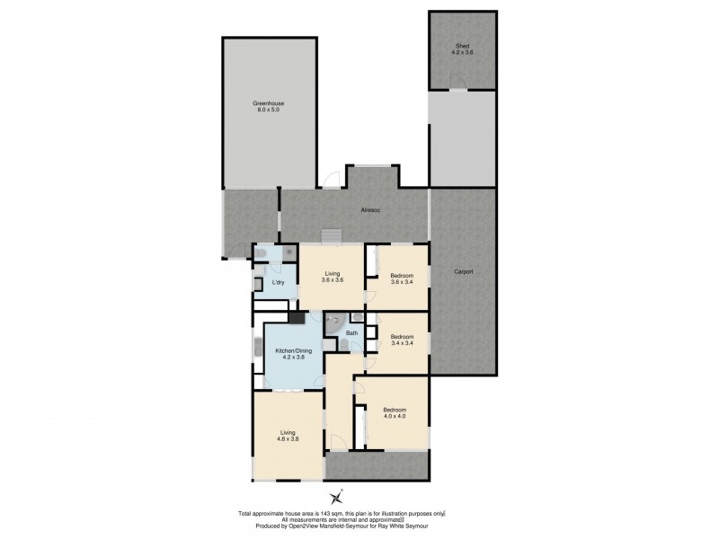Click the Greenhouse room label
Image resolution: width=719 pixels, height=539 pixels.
pos(269,105)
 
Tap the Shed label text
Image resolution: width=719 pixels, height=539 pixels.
pos(462,49)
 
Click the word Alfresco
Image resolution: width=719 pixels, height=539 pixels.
pos(371,210)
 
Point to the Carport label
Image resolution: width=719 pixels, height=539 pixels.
pos(463,272)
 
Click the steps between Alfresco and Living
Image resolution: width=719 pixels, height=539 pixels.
pos(333,235)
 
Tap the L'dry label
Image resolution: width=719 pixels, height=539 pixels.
pos(279,284)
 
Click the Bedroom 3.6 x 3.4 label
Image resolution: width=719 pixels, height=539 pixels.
pos(402,279)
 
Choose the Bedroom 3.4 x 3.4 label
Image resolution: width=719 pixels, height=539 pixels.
pos(402,340)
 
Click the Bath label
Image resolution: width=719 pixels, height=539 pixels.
pos(351,334)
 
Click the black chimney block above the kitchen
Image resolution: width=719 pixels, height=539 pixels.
pos(294,316)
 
